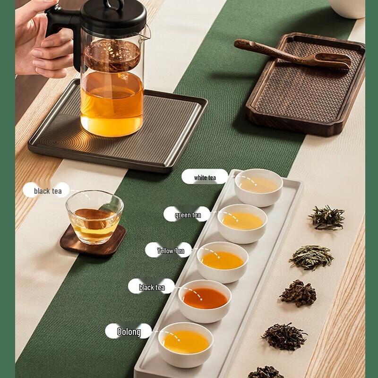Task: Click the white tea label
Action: click(205, 177)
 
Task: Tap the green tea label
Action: click(188, 215)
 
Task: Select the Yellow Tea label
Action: click(170, 250)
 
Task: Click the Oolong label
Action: click(129, 332)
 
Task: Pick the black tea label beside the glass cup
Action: click(47, 191)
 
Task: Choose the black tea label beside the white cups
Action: click(151, 287)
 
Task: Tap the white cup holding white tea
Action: click(258, 187)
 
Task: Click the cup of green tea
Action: click(242, 222)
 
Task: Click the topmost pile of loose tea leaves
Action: click(327, 217)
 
